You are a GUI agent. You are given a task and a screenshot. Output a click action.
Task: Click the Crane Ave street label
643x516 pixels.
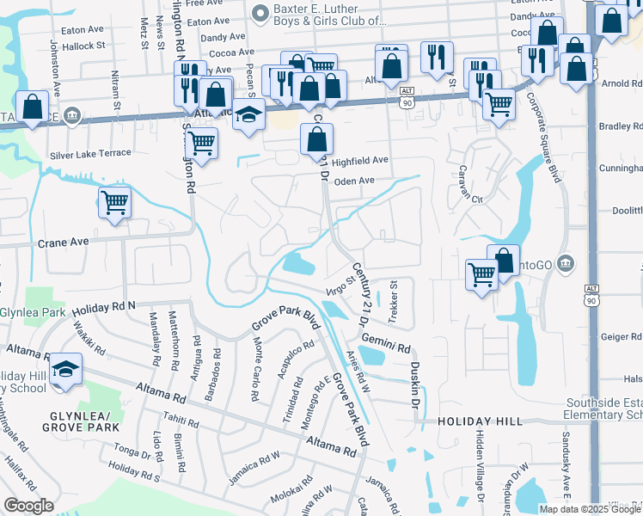[64, 243]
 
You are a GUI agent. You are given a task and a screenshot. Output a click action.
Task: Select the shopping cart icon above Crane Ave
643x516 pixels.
[114, 204]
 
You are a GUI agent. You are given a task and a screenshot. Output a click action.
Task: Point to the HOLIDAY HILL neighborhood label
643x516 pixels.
[480, 421]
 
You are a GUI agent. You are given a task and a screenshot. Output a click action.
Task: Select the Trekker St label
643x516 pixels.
[394, 302]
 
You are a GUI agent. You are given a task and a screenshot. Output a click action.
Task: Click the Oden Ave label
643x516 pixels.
[354, 181]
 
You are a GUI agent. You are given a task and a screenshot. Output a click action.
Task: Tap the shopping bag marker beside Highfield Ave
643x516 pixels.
[317, 138]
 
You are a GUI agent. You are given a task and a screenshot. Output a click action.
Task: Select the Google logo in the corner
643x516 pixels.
[29, 506]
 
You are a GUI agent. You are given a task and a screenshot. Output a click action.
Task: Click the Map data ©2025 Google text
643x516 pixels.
[590, 509]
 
